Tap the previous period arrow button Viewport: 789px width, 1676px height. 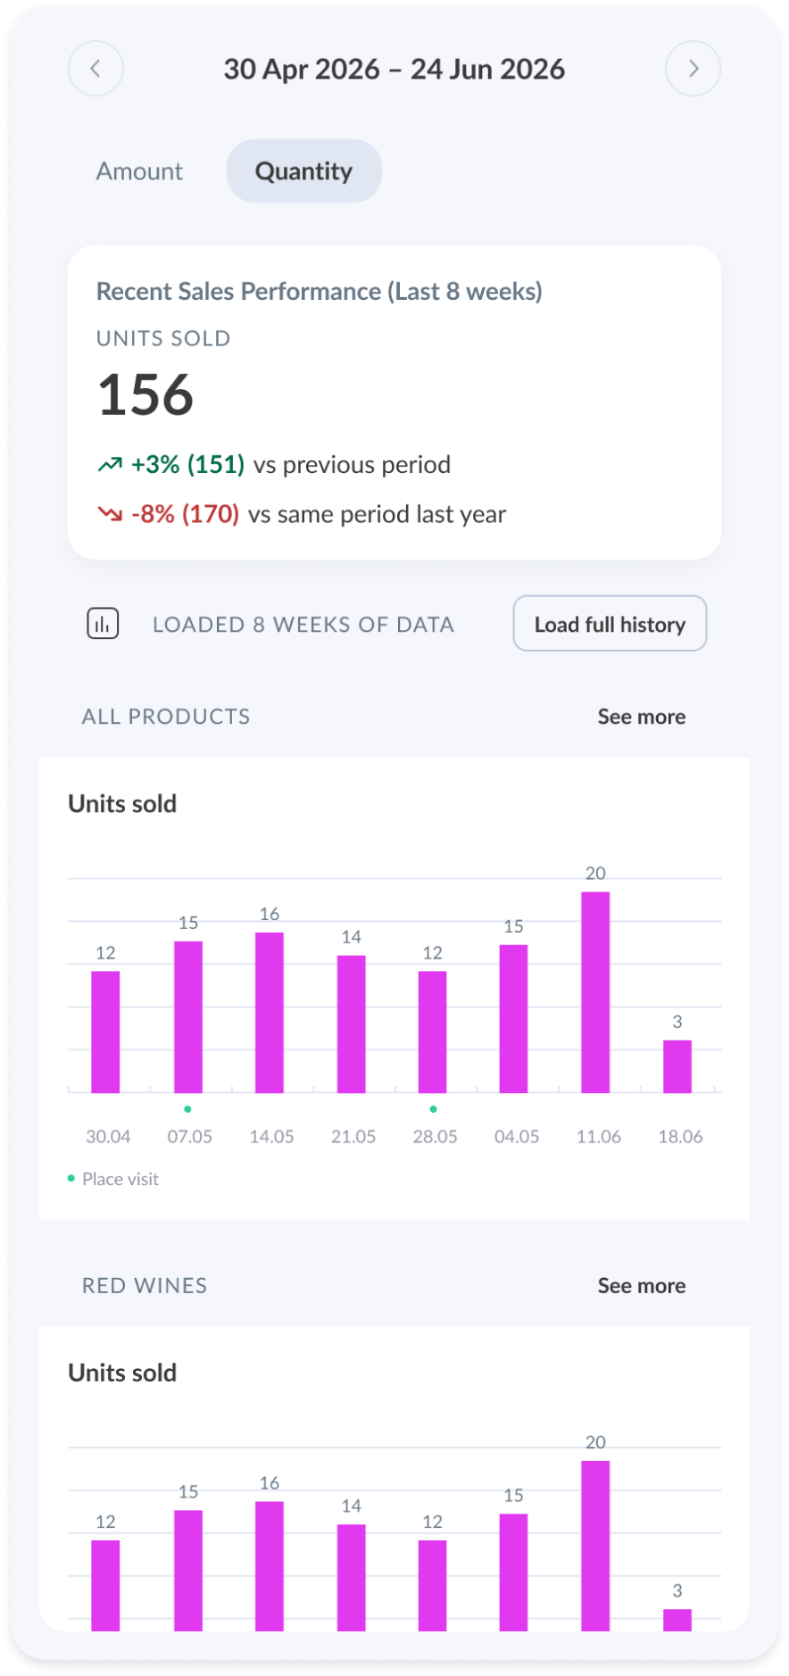click(x=96, y=69)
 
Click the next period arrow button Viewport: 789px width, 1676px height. click(x=693, y=69)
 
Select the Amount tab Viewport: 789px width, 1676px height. click(x=139, y=170)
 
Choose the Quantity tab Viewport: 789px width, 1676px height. click(x=304, y=170)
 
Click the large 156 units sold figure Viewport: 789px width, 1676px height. click(x=145, y=394)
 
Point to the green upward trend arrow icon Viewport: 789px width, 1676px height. click(x=110, y=464)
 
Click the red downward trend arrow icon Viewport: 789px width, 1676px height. click(x=110, y=514)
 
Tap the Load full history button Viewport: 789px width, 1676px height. click(x=610, y=624)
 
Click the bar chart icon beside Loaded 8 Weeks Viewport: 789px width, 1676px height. click(x=103, y=624)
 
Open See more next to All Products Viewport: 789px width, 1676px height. click(x=642, y=717)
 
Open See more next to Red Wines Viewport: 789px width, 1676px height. click(x=642, y=1286)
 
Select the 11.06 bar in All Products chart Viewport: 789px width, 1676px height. click(x=595, y=992)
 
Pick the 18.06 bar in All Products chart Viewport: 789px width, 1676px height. click(x=677, y=1066)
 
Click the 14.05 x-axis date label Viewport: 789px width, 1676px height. click(x=271, y=1137)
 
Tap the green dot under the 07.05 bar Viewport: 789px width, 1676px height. click(x=187, y=1109)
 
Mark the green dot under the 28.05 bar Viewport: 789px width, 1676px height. click(x=433, y=1109)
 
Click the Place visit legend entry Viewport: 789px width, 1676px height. click(x=113, y=1179)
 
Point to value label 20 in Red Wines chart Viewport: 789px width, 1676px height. click(x=595, y=1442)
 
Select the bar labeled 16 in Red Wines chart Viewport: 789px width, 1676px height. click(x=270, y=1566)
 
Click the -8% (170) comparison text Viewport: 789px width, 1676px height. click(x=185, y=514)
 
